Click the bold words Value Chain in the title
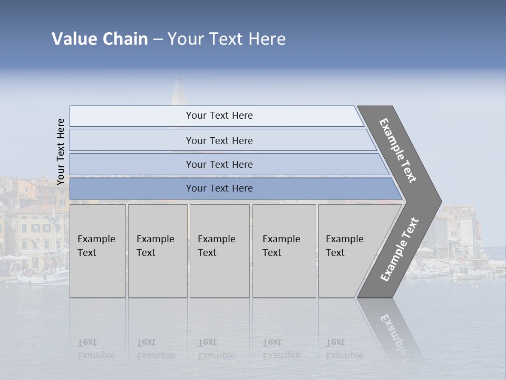point(100,39)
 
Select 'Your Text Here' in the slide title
point(227,39)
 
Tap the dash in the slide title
point(158,40)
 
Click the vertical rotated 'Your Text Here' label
point(61,151)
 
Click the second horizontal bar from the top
point(219,140)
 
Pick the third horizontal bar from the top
point(219,164)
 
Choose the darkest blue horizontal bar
point(219,188)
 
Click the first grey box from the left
point(98,251)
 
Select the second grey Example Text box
point(158,251)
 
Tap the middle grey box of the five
point(219,251)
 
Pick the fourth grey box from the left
point(284,251)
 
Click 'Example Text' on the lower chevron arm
point(400,250)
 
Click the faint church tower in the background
point(178,92)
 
